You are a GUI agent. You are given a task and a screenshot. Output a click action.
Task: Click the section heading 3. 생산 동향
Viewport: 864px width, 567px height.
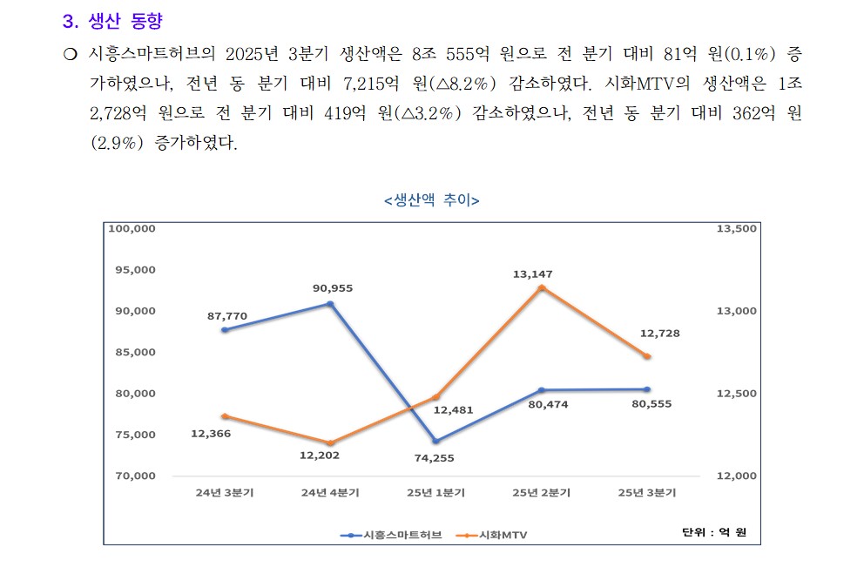(x=112, y=22)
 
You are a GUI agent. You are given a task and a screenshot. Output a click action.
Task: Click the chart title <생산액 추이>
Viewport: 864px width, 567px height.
(x=431, y=200)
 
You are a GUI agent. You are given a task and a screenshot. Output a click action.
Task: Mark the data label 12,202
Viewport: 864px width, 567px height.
(x=320, y=455)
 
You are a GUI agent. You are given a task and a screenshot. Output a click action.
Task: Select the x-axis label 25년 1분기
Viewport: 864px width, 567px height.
(x=435, y=492)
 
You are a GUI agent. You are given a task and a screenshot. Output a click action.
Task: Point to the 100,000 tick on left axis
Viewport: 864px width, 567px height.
(x=131, y=228)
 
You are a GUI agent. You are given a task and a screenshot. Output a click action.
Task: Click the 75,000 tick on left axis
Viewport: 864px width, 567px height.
(x=135, y=435)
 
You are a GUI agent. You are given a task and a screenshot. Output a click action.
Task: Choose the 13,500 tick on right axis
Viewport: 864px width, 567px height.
(x=736, y=228)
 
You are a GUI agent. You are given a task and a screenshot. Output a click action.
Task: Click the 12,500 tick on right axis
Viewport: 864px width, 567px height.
(x=736, y=394)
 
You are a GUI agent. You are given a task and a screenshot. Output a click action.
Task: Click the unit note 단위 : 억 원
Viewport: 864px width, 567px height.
(x=713, y=531)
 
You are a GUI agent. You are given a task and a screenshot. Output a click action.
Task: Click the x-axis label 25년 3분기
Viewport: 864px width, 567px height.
(x=647, y=492)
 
